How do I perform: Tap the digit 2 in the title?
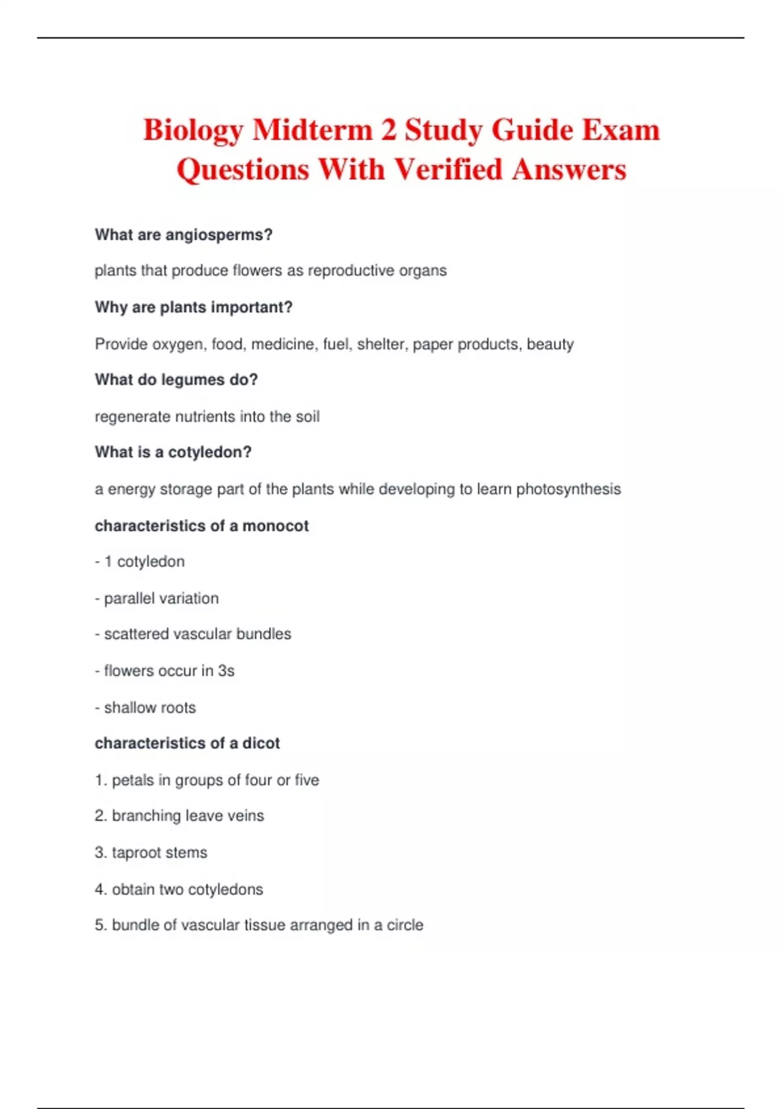click(388, 129)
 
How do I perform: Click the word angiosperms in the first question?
click(218, 235)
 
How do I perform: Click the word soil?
click(308, 417)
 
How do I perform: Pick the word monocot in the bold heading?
click(276, 526)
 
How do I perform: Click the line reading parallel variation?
click(161, 598)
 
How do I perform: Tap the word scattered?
click(134, 634)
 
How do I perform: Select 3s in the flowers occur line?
click(226, 671)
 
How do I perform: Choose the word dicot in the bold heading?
click(261, 744)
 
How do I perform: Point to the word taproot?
click(137, 853)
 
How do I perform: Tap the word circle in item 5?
click(405, 925)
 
